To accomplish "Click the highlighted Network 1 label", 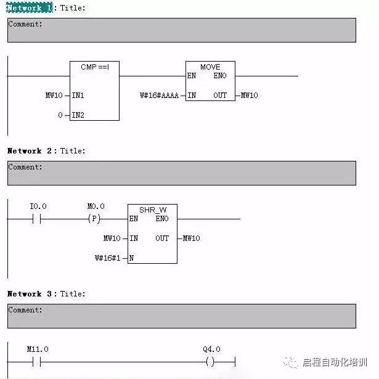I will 30,8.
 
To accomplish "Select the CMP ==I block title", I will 94,67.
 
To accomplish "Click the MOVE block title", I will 210,67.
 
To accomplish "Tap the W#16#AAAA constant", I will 159,96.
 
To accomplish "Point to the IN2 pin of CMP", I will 78,115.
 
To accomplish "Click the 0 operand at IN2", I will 60,115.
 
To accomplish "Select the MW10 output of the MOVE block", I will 249,96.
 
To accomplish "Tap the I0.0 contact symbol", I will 38,219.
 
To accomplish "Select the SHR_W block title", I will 152,210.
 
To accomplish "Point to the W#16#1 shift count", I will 108,258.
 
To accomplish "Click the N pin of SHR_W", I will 131,258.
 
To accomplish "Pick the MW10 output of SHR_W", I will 191,238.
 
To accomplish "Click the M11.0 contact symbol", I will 38,362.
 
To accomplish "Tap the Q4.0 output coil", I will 211,362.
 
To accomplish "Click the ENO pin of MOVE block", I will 221,76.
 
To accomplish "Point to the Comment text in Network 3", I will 25,310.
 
